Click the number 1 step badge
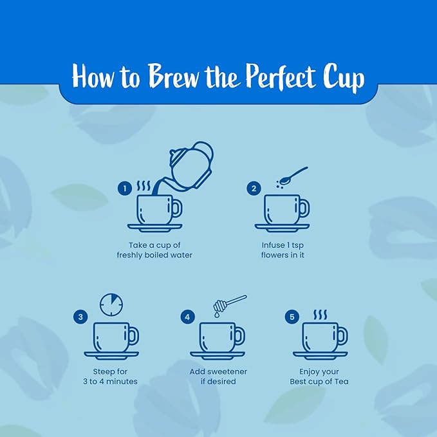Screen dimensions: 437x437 click(x=125, y=189)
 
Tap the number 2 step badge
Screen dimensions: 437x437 click(x=254, y=189)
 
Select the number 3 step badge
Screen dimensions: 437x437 click(x=80, y=317)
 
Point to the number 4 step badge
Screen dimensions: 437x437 click(x=187, y=317)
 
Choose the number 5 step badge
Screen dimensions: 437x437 click(x=292, y=317)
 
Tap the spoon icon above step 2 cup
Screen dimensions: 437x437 click(x=293, y=176)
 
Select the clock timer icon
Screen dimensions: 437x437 click(x=111, y=304)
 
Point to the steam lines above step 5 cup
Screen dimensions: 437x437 click(x=320, y=314)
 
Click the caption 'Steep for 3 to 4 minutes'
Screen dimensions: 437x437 click(x=110, y=377)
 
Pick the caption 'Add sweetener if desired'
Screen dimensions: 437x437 click(x=218, y=377)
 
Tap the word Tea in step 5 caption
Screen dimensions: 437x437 click(x=341, y=381)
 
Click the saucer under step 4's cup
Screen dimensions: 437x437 click(x=218, y=355)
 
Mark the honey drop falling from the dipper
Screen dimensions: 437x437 click(x=216, y=315)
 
